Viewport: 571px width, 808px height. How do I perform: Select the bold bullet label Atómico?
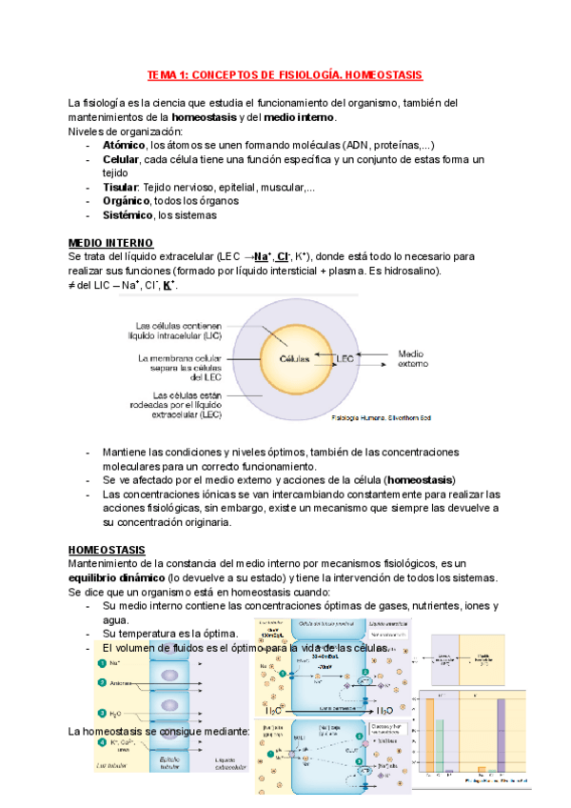click(x=126, y=145)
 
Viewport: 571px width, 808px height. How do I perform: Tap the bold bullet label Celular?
click(x=124, y=159)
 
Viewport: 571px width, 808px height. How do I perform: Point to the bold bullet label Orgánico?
click(x=127, y=201)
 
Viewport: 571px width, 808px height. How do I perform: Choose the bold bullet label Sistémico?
click(x=129, y=215)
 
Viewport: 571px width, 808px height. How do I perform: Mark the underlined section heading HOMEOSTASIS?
click(x=108, y=550)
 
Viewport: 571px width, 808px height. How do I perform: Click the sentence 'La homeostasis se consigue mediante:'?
click(x=159, y=731)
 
